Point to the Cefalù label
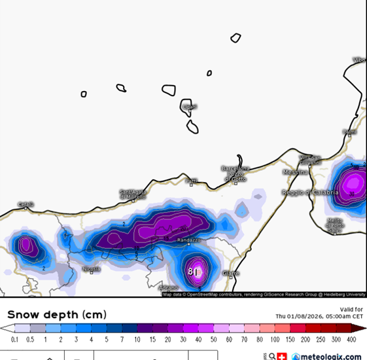(x=25, y=204)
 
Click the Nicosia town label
(x=91, y=269)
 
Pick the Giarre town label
(x=230, y=273)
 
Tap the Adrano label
(x=168, y=287)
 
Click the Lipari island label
(x=190, y=107)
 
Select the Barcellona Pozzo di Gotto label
(x=236, y=173)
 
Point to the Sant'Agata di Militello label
(x=132, y=194)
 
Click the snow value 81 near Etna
(x=193, y=271)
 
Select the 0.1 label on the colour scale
(x=14, y=340)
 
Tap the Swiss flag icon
(x=282, y=356)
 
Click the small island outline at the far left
(x=84, y=94)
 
